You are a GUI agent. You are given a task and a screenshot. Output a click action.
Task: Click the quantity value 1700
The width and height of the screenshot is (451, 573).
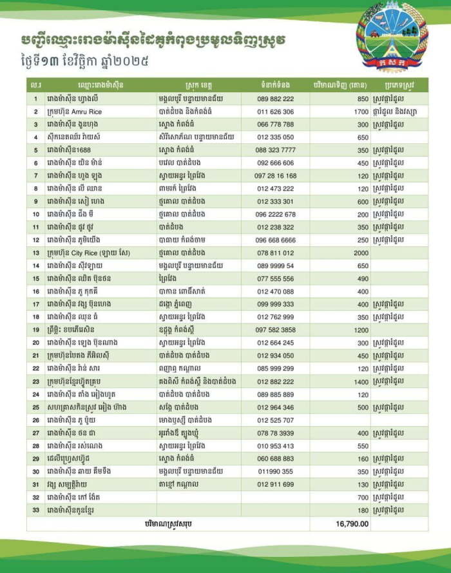tap(360, 112)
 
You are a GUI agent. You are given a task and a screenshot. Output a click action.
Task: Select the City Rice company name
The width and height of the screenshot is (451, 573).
tap(91, 253)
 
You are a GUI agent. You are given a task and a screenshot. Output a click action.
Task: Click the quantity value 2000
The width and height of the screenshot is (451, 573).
tap(360, 253)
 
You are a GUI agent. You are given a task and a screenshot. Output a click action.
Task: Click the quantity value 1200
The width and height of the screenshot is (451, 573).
tap(360, 329)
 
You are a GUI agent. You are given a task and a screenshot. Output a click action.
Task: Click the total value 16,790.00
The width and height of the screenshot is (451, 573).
tap(352, 523)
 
